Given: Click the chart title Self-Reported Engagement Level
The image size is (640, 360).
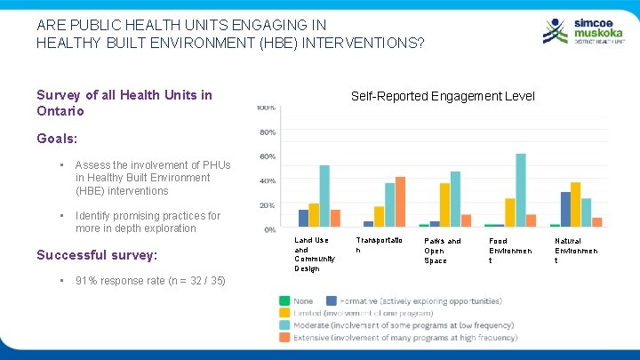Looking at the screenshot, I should [443, 96].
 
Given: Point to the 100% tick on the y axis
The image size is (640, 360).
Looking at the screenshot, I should [266, 108].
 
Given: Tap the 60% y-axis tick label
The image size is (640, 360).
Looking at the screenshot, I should [267, 156].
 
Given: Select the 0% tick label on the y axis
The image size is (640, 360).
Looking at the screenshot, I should [268, 229].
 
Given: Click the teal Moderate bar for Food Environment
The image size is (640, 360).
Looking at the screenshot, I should [521, 190].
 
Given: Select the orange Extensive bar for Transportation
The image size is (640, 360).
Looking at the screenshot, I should [400, 202].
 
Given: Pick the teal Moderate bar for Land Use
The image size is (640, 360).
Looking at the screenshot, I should [324, 196].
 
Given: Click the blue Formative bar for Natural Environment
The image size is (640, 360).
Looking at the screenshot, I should [565, 209].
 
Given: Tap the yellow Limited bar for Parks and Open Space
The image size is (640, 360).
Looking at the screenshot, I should [444, 204].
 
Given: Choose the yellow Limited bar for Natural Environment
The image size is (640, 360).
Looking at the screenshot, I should [576, 204].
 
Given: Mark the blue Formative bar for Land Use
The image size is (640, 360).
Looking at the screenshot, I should [303, 218].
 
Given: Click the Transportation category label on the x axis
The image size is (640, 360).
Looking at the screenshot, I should [379, 245].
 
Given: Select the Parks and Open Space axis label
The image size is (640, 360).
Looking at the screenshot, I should [443, 250].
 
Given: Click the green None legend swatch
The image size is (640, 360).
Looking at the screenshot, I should [284, 301].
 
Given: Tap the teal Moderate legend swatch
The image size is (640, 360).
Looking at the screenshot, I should [284, 325].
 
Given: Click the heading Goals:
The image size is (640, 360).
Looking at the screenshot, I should [57, 139].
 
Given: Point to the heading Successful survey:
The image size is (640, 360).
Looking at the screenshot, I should [96, 255].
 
